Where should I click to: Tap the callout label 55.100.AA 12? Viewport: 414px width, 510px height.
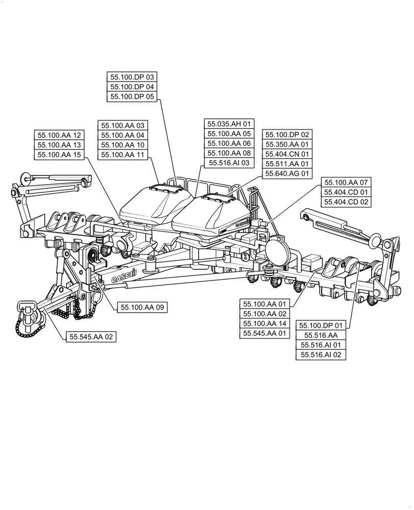coord(59,135)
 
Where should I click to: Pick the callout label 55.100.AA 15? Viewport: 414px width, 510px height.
coord(59,155)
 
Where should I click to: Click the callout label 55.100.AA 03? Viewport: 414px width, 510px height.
coord(123,125)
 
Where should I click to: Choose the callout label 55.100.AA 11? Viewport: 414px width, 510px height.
coord(123,155)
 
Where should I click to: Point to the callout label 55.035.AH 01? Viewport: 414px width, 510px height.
coord(229,124)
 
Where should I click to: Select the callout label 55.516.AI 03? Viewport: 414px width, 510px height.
coord(229,163)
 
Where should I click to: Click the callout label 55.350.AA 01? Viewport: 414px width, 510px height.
coord(287,144)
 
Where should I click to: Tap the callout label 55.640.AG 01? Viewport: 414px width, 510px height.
coord(287,174)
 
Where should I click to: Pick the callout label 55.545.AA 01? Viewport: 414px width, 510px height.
coord(265,333)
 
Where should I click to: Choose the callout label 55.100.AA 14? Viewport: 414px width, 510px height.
coord(265,323)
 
